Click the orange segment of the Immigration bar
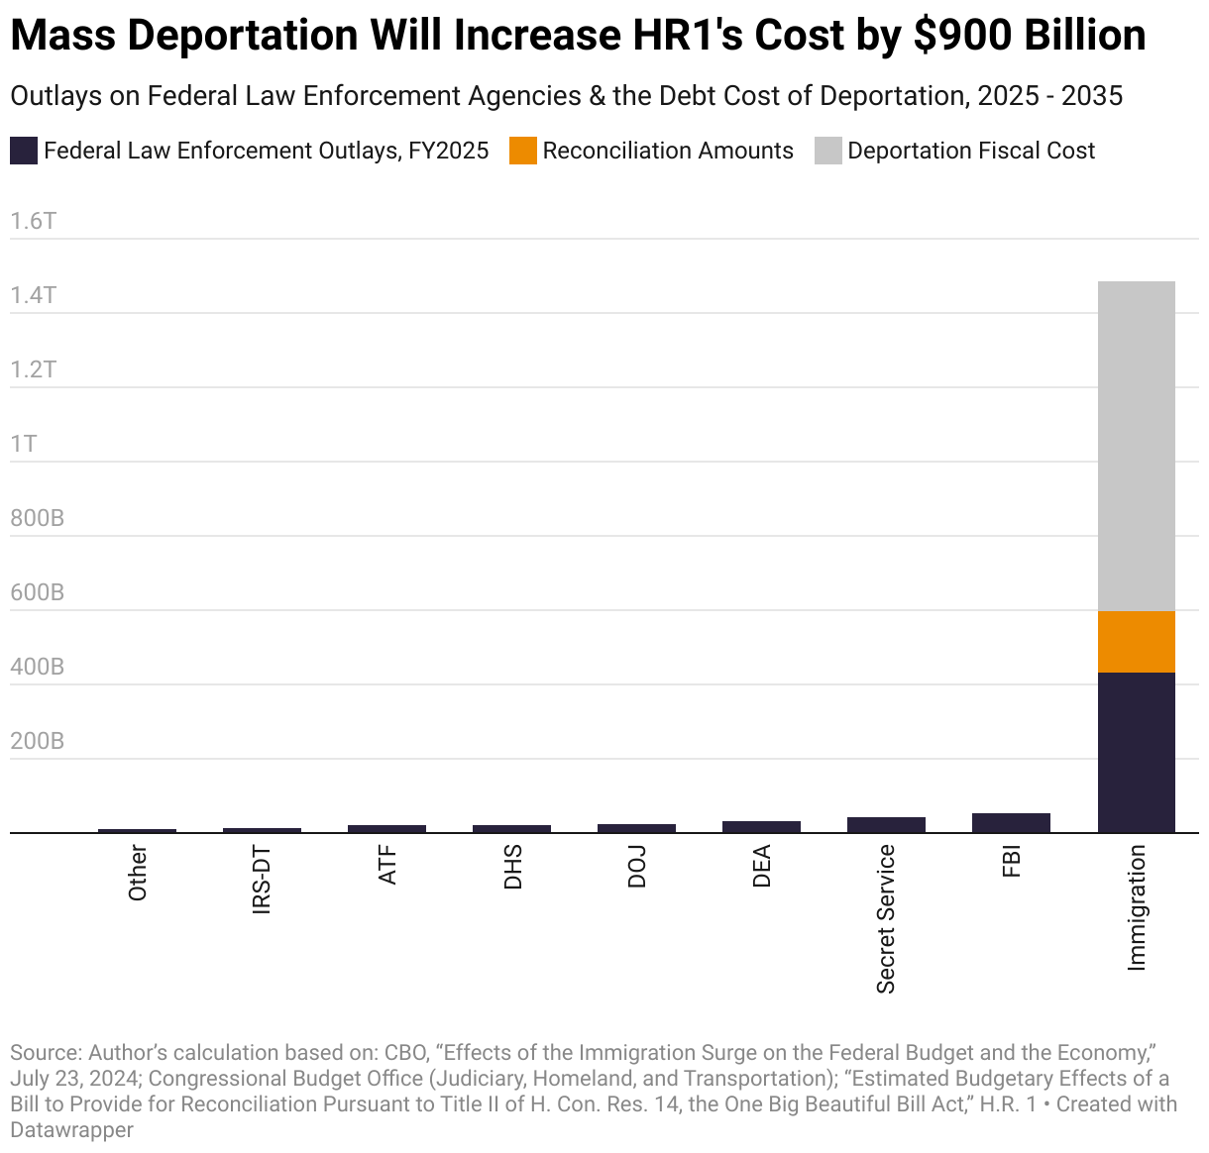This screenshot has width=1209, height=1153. point(1136,642)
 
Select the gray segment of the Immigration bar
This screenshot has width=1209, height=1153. point(1136,446)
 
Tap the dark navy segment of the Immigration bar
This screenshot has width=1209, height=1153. point(1136,753)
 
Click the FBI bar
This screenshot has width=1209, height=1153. point(1011,823)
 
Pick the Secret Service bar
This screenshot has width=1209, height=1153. point(886,825)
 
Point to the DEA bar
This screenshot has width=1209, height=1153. point(761,827)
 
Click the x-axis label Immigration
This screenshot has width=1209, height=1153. point(1137,907)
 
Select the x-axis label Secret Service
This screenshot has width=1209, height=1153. point(886,918)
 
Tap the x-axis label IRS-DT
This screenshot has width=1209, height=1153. point(262,880)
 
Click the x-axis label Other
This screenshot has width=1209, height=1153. point(138,873)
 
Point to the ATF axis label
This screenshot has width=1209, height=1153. point(387,865)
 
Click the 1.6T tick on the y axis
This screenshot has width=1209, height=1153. point(34,221)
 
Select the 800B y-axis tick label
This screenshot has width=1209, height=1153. point(37,518)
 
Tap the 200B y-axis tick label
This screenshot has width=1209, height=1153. point(37,741)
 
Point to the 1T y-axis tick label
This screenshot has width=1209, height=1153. point(24,444)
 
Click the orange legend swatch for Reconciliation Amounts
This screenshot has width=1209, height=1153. point(522,151)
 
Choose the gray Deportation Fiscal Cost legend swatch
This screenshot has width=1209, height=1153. point(827,151)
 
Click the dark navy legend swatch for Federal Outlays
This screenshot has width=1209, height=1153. point(24,151)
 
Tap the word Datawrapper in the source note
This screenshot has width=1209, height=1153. point(71,1129)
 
